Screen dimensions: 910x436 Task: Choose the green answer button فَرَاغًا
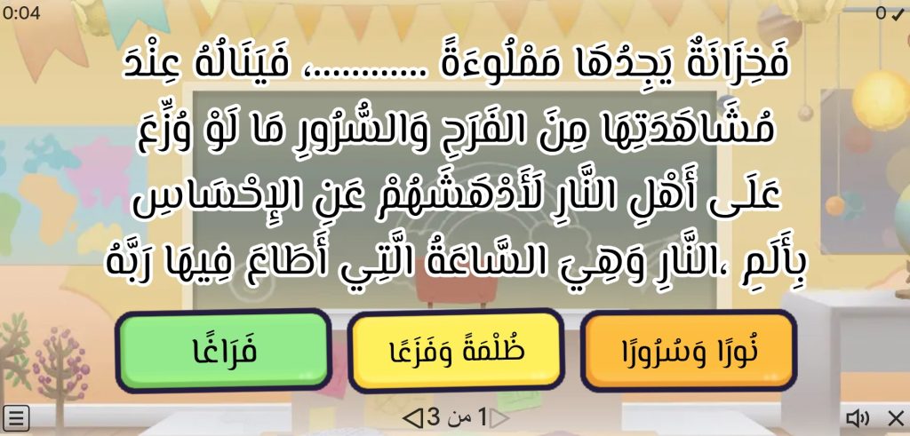pyautogui.click(x=224, y=351)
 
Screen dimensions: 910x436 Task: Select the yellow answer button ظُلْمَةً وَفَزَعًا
pyautogui.click(x=456, y=351)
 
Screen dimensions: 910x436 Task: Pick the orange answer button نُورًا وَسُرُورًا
pyautogui.click(x=689, y=351)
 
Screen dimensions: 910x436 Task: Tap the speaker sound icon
pyautogui.click(x=858, y=417)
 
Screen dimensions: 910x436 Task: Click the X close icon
pyautogui.click(x=896, y=417)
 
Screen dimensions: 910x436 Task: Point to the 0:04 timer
pyautogui.click(x=21, y=12)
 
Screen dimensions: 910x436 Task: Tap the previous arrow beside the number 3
pyautogui.click(x=412, y=417)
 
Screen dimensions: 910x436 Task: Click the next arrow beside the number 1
pyautogui.click(x=499, y=417)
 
